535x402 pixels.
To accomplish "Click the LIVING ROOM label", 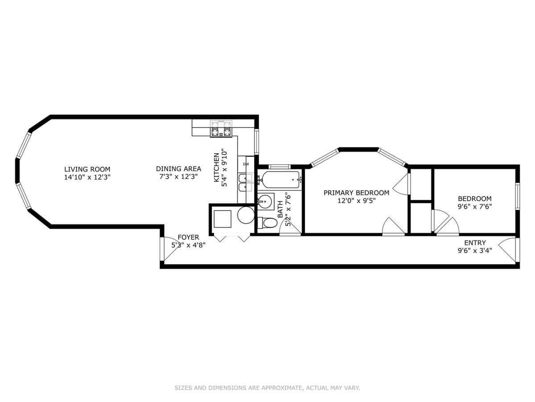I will [87, 169].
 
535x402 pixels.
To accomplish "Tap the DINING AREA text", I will [178, 169].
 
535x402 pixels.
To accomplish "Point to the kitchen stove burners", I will [221, 129].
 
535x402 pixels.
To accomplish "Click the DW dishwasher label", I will [246, 164].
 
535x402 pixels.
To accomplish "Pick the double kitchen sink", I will [245, 183].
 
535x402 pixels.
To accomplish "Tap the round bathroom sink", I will [266, 201].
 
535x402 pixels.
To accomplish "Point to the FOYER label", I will [188, 237].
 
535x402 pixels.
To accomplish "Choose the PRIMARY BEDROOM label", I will [356, 193].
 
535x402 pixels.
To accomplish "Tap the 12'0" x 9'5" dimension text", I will [356, 201].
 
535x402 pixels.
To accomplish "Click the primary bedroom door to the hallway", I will [392, 226].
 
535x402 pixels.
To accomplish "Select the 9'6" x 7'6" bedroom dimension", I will [474, 206].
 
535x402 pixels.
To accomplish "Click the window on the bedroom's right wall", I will [517, 196].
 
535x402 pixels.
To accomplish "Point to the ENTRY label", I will [475, 243].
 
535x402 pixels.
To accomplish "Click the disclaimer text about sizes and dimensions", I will [267, 388].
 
